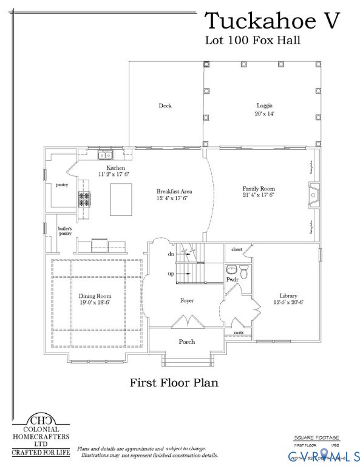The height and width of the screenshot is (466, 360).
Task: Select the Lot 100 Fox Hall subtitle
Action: [x=253, y=41]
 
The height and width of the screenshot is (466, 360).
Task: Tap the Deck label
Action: [x=165, y=106]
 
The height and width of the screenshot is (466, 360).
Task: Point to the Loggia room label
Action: [x=264, y=106]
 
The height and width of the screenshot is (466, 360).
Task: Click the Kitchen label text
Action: [x=116, y=168]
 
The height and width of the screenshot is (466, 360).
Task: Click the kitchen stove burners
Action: [x=83, y=199]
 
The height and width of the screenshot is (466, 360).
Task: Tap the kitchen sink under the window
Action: [x=104, y=155]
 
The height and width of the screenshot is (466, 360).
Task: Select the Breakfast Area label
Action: [x=174, y=191]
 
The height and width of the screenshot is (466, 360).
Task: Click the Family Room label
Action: [x=259, y=189]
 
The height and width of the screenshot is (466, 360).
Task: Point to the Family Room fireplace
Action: [x=313, y=195]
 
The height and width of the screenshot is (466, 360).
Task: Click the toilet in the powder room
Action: [x=244, y=272]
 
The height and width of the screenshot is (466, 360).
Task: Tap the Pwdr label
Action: [x=232, y=280]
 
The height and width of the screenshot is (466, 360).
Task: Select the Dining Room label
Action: [x=95, y=297]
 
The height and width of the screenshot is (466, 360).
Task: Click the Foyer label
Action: [x=187, y=301]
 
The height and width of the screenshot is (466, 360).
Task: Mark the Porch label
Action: [x=187, y=342]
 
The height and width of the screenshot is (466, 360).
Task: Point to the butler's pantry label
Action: [x=65, y=231]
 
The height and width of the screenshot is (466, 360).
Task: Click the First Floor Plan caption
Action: [x=174, y=383]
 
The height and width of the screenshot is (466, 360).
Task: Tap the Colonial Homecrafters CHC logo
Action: [x=41, y=419]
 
